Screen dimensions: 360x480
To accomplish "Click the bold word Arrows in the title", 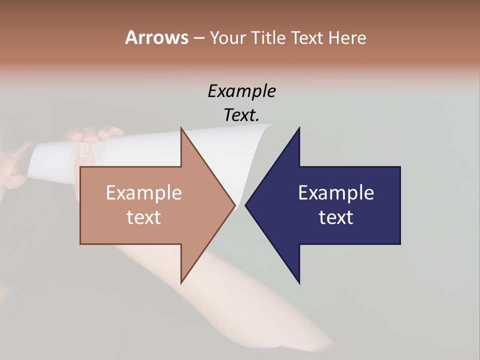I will coord(156,37).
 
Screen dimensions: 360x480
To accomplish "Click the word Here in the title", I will coord(347,38).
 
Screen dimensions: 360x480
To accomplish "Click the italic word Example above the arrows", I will coord(241,91).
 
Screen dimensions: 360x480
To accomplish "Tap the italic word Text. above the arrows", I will coord(241,115).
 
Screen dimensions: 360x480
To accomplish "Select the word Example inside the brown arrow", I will coord(144,193).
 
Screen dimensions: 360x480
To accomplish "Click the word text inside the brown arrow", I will coord(144,217).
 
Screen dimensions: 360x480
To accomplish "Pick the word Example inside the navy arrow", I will coord(336,193).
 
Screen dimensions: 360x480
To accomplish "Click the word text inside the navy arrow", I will coord(336,217).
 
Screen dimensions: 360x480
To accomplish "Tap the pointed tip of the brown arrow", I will coord(234,205).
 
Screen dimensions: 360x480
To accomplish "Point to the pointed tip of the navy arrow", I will coord(246,205).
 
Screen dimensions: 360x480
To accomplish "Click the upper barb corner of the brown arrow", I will coord(181,128).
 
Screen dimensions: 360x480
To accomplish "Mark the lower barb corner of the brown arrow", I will coord(181,282).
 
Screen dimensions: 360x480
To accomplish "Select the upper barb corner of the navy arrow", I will coord(299,128).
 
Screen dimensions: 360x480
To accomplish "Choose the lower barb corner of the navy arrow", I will coord(299,282).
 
